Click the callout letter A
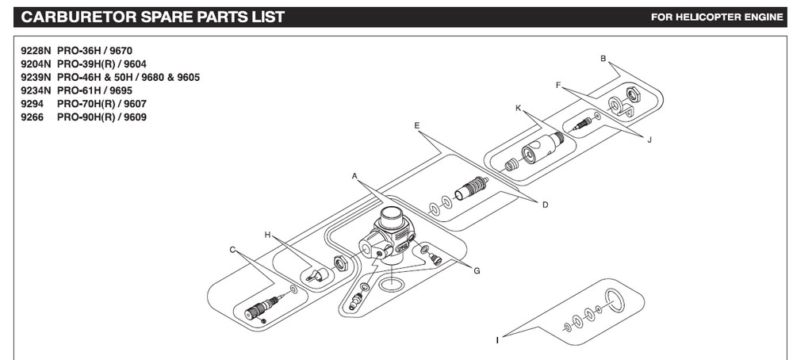(355, 174)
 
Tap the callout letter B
(603, 59)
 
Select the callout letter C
(233, 250)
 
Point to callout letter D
(546, 205)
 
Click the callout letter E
(416, 126)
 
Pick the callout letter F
(559, 85)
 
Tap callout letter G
(477, 271)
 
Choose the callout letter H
(268, 235)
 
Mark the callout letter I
(497, 340)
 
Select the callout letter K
(518, 108)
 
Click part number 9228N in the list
(36, 49)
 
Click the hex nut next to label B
(634, 94)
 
